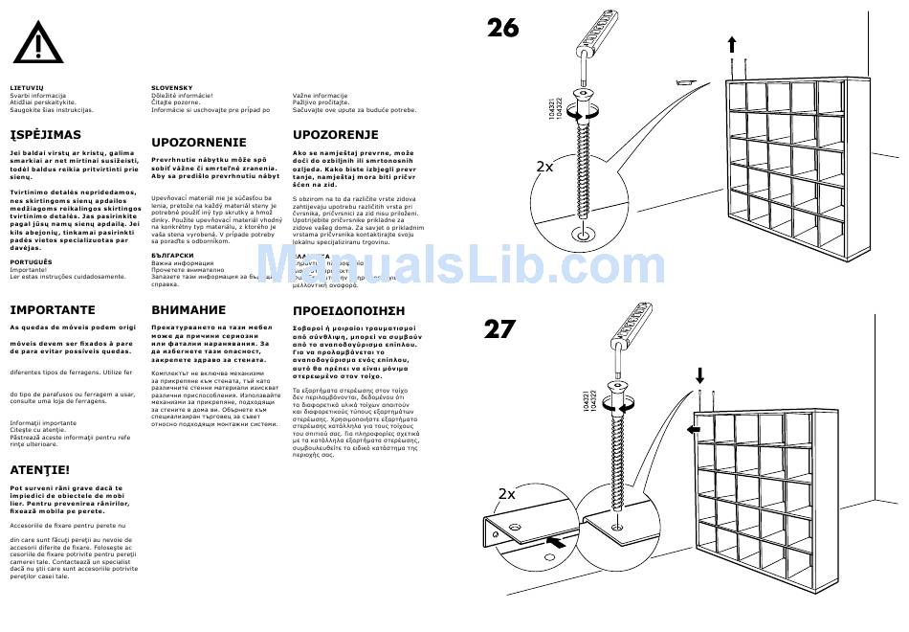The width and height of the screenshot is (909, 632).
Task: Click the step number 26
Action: pos(502,28)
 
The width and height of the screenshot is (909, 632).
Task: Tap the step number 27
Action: pos(499,330)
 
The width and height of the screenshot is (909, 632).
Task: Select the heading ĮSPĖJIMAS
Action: pos(45,135)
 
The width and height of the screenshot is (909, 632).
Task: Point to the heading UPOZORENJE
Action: pos(335,135)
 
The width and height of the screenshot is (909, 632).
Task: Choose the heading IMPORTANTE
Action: pos(53,310)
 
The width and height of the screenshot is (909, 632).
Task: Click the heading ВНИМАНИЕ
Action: pos(188,310)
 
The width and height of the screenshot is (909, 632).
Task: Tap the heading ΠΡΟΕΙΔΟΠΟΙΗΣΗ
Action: pos(348,311)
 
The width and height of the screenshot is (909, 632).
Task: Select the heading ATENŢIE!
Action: pos(39,470)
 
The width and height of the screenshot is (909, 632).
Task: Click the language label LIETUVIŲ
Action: pos(27,88)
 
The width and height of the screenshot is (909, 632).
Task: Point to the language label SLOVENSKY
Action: pos(172,88)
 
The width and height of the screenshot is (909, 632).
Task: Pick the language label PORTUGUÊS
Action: pos(31,261)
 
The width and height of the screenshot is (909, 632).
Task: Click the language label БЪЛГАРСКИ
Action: pos(173,256)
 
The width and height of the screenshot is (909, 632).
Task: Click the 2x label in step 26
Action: pos(544,167)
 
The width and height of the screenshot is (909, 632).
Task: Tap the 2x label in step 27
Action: pos(507,494)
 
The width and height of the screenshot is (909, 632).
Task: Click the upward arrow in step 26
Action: pos(732,44)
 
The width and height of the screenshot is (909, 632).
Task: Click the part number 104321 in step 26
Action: pos(552,109)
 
